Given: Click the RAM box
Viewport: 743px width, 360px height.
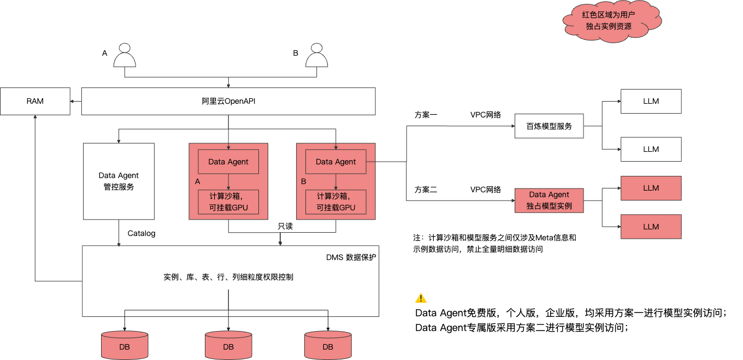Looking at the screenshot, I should click(35, 101).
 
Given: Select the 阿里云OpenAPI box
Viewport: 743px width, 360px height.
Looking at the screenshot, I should click(228, 101).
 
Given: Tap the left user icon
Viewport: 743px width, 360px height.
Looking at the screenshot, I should click(125, 55).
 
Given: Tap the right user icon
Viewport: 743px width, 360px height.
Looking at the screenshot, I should click(316, 55).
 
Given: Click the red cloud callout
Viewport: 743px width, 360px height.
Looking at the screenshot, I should click(612, 21).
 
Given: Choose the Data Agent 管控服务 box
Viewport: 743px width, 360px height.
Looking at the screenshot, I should click(119, 181).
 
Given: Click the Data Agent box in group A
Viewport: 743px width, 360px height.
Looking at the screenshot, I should click(228, 162).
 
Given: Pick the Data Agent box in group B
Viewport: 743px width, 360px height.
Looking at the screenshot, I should click(335, 162).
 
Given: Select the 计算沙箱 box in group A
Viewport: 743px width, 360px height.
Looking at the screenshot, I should click(228, 202).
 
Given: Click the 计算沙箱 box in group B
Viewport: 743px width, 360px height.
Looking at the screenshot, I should click(335, 202).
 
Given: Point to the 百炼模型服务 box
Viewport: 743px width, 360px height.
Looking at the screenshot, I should click(549, 126).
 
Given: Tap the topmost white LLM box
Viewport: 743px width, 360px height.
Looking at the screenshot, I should click(651, 101).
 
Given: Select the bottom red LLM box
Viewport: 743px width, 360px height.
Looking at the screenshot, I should click(651, 227).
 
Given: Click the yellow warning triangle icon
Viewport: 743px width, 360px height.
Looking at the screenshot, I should click(421, 298).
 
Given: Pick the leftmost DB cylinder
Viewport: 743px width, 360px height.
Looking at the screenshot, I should click(125, 345).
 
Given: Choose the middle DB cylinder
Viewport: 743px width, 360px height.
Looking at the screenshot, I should click(228, 345).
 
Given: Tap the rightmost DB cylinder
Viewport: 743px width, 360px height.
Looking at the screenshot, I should click(328, 345).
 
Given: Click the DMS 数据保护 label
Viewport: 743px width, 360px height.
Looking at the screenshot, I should click(351, 257).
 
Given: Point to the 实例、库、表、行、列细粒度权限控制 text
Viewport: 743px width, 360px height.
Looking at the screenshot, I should click(228, 277).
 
